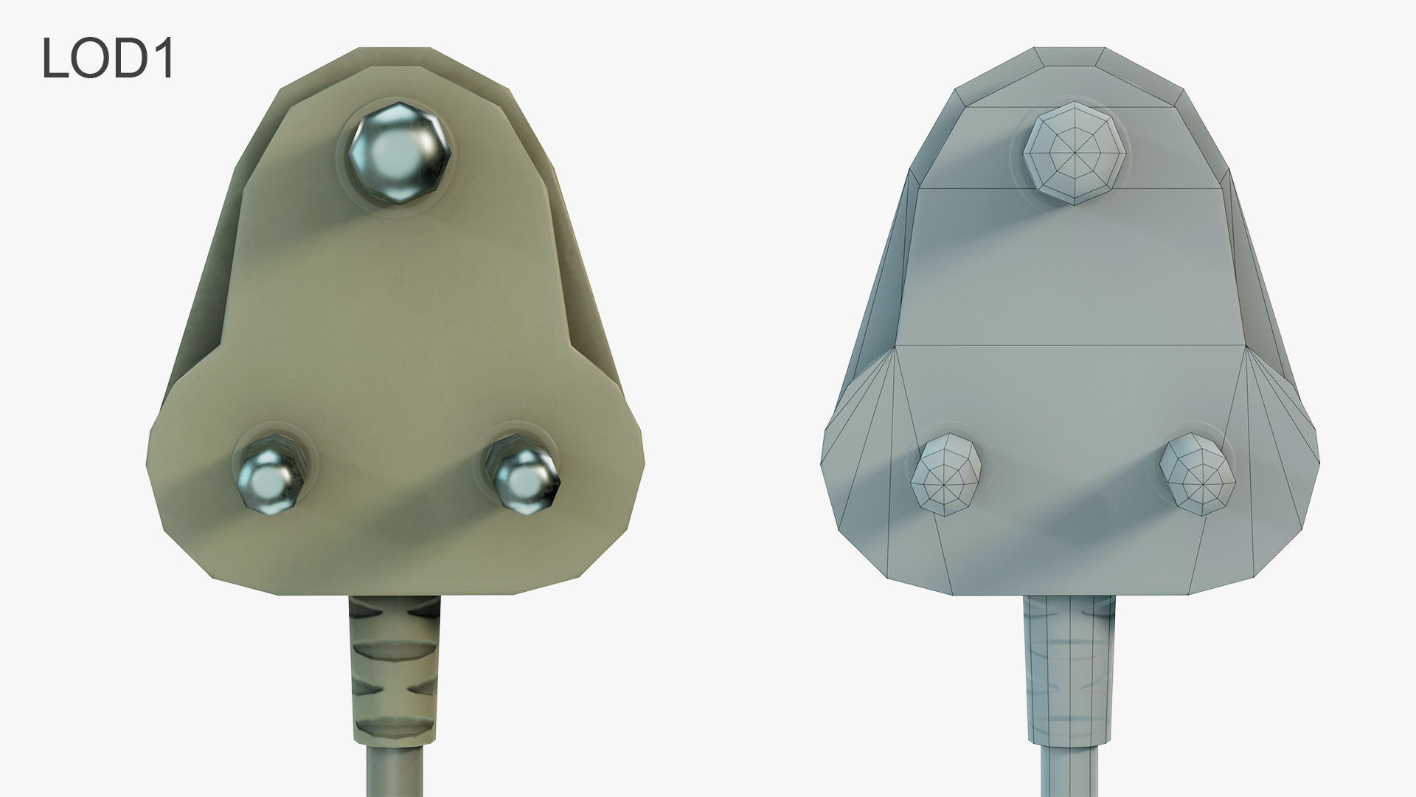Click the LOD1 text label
click(108, 58)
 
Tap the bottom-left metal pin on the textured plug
click(269, 474)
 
